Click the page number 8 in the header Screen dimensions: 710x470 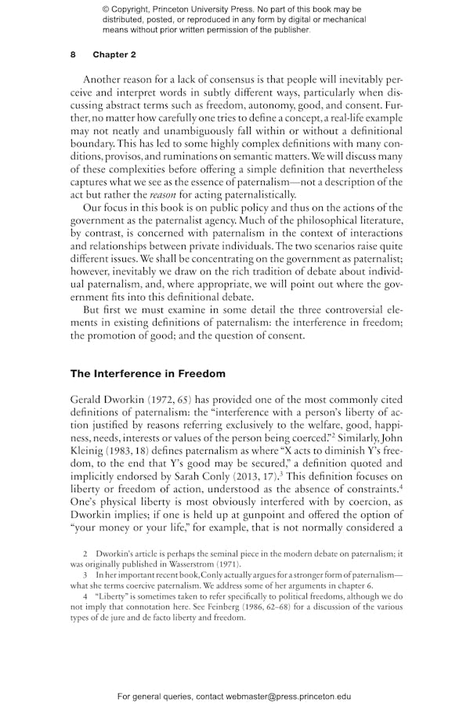73,55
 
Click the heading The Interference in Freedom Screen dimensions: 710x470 147,373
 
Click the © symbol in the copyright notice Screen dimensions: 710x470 106,9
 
